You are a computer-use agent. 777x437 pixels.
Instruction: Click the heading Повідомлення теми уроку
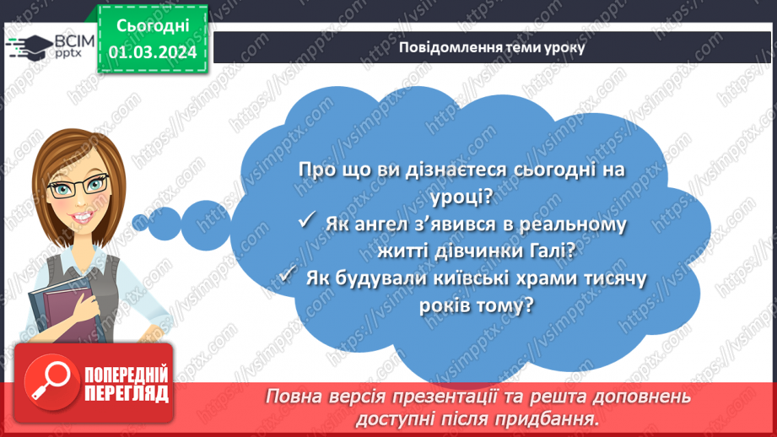pyautogui.click(x=492, y=47)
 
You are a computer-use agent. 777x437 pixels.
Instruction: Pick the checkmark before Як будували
pyautogui.click(x=287, y=276)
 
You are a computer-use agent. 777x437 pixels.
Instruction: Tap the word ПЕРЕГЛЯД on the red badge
pyautogui.click(x=126, y=394)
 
